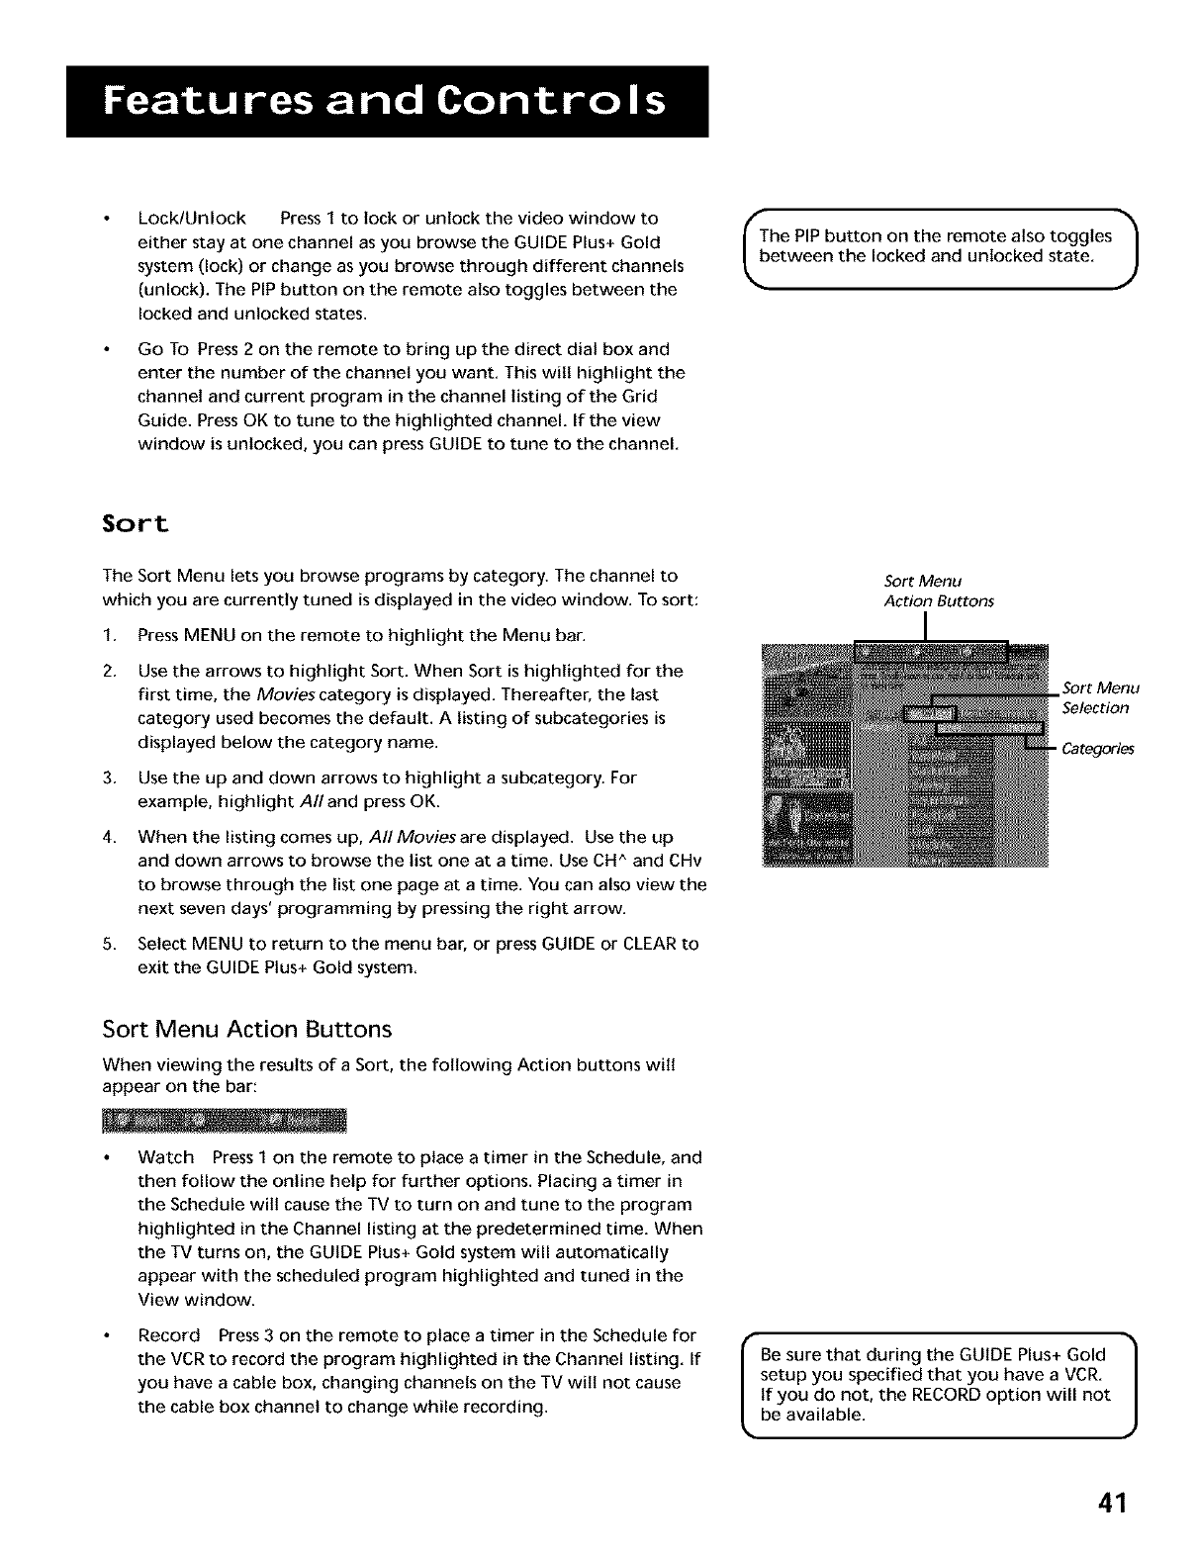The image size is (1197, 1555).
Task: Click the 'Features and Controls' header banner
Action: pos(388,102)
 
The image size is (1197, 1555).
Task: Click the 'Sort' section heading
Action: pos(137,523)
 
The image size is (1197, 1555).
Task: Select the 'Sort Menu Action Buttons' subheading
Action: pos(247,1030)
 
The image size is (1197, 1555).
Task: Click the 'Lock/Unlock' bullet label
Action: pos(192,219)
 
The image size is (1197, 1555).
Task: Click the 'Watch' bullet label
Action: pos(166,1157)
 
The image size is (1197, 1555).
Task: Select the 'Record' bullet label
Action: pos(169,1335)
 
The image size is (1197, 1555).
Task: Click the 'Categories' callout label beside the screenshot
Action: pos(1097,749)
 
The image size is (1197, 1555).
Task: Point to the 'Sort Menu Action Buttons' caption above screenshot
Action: pos(938,591)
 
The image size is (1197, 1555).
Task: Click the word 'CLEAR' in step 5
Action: pos(650,944)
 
